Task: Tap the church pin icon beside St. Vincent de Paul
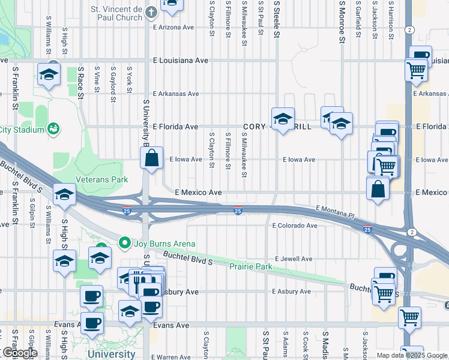[151, 11]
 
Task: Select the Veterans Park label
[101, 179]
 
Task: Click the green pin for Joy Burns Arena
[125, 243]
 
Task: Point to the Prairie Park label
[252, 265]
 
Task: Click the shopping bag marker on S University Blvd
[152, 159]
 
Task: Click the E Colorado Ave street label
[294, 226]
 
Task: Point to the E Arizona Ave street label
[174, 27]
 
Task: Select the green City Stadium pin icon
[53, 128]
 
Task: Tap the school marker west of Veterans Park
[64, 194]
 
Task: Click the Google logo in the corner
[19, 352]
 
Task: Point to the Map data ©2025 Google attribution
[411, 355]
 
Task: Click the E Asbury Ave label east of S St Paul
[291, 292]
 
